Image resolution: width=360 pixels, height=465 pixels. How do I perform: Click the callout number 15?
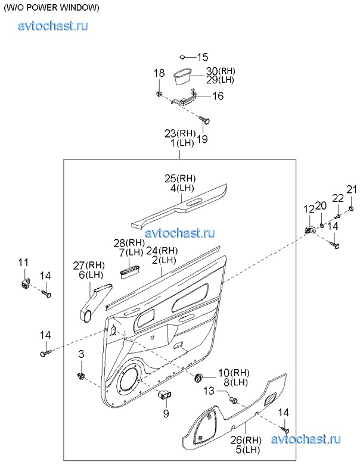point(203,57)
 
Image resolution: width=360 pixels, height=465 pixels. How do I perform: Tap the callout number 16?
point(218,95)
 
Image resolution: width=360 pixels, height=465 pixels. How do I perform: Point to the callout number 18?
point(159,73)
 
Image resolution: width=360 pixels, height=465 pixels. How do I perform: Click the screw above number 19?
point(206,121)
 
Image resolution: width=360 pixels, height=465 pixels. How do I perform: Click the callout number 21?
point(352,190)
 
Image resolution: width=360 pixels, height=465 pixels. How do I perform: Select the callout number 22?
point(338,198)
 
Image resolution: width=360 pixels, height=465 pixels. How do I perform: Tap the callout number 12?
point(309,208)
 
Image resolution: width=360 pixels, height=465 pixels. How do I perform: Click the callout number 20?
point(321,205)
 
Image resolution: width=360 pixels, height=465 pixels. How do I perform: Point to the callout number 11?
point(23,263)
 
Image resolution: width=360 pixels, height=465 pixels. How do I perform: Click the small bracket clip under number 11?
point(24,282)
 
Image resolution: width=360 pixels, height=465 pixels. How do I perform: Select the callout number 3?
point(81,355)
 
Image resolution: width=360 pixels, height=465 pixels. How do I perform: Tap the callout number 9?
point(166,413)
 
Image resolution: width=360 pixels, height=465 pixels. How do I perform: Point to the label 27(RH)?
point(88,265)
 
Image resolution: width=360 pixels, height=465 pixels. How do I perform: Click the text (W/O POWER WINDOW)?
point(52,8)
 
